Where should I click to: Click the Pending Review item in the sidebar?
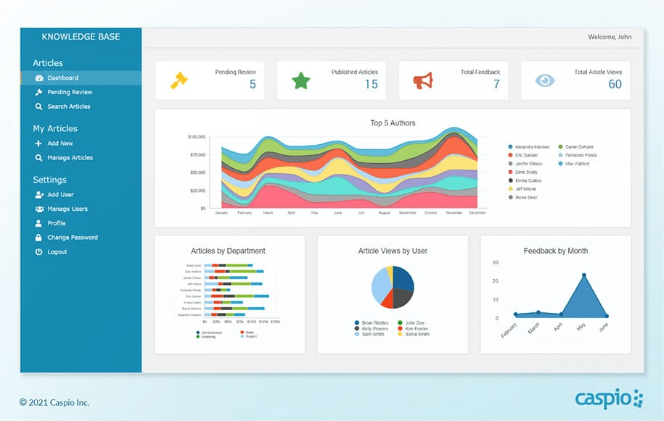tap(70, 92)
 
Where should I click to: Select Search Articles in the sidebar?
tap(68, 107)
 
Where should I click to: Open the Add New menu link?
tap(60, 143)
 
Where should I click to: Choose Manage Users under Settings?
tap(67, 209)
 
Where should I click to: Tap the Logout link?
tap(57, 251)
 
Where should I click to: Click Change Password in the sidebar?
tap(72, 238)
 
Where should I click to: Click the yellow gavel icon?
tap(179, 79)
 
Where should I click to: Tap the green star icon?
tap(300, 80)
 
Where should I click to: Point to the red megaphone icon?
tap(422, 80)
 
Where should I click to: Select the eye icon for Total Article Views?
tap(544, 80)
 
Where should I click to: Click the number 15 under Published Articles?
tap(371, 84)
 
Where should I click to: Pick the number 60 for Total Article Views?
tap(615, 84)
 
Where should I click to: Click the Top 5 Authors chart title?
tap(393, 123)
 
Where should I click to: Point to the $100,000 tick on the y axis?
tap(197, 137)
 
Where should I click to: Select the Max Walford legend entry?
tap(578, 164)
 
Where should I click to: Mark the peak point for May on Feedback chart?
tap(583, 275)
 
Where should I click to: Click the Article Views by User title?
tap(393, 251)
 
